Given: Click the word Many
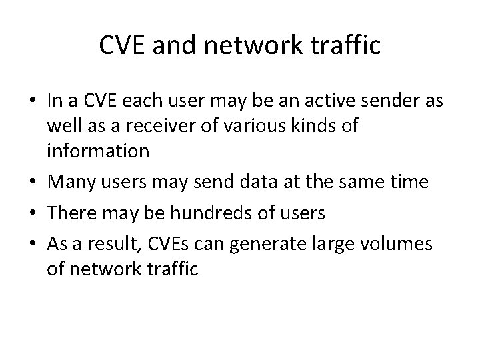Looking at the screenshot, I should click(69, 182).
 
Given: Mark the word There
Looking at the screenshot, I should click(71, 213).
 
